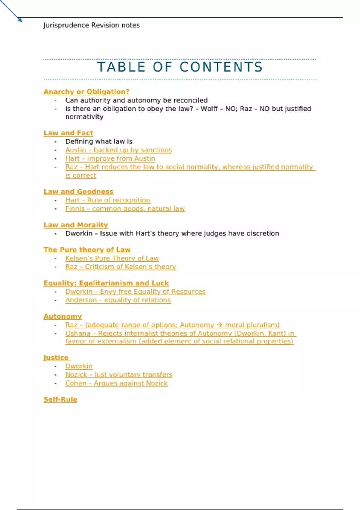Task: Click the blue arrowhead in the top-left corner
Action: pyautogui.click(x=20, y=20)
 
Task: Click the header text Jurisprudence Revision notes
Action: pyautogui.click(x=91, y=25)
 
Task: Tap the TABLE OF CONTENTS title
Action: pyautogui.click(x=180, y=67)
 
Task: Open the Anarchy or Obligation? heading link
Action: pyautogui.click(x=86, y=92)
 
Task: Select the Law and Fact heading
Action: pyautogui.click(x=68, y=133)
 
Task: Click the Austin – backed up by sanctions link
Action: pyautogui.click(x=119, y=150)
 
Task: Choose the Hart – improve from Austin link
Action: pyautogui.click(x=110, y=158)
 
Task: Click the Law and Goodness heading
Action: pyautogui.click(x=78, y=192)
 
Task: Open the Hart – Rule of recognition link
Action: pyautogui.click(x=108, y=200)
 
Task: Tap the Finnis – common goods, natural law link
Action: pyautogui.click(x=125, y=209)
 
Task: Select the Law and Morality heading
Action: pyautogui.click(x=76, y=225)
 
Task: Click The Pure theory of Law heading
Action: pyautogui.click(x=87, y=250)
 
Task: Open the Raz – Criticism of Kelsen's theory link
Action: pyautogui.click(x=121, y=267)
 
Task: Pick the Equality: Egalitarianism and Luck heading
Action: pyautogui.click(x=106, y=283)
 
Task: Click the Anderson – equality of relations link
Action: pyautogui.click(x=118, y=300)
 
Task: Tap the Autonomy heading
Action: pyautogui.click(x=62, y=316)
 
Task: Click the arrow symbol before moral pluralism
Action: pyautogui.click(x=219, y=325)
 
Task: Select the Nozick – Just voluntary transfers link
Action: pyautogui.click(x=119, y=375)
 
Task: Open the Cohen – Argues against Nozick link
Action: pyautogui.click(x=117, y=383)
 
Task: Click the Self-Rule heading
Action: pyautogui.click(x=60, y=400)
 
